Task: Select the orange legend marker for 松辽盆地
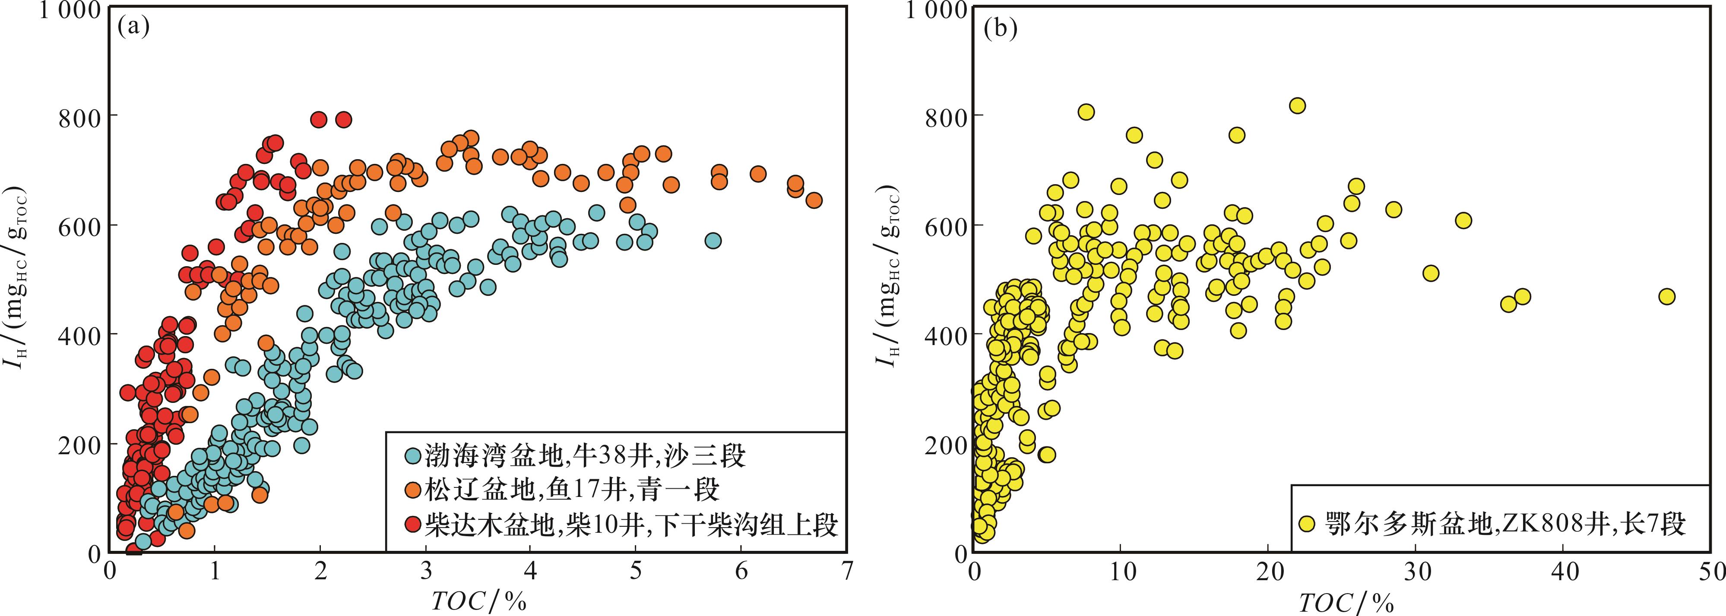pyautogui.click(x=413, y=490)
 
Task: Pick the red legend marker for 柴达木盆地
pyautogui.click(x=413, y=524)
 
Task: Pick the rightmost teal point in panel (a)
pyautogui.click(x=713, y=240)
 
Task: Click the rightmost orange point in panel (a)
pyautogui.click(x=814, y=200)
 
